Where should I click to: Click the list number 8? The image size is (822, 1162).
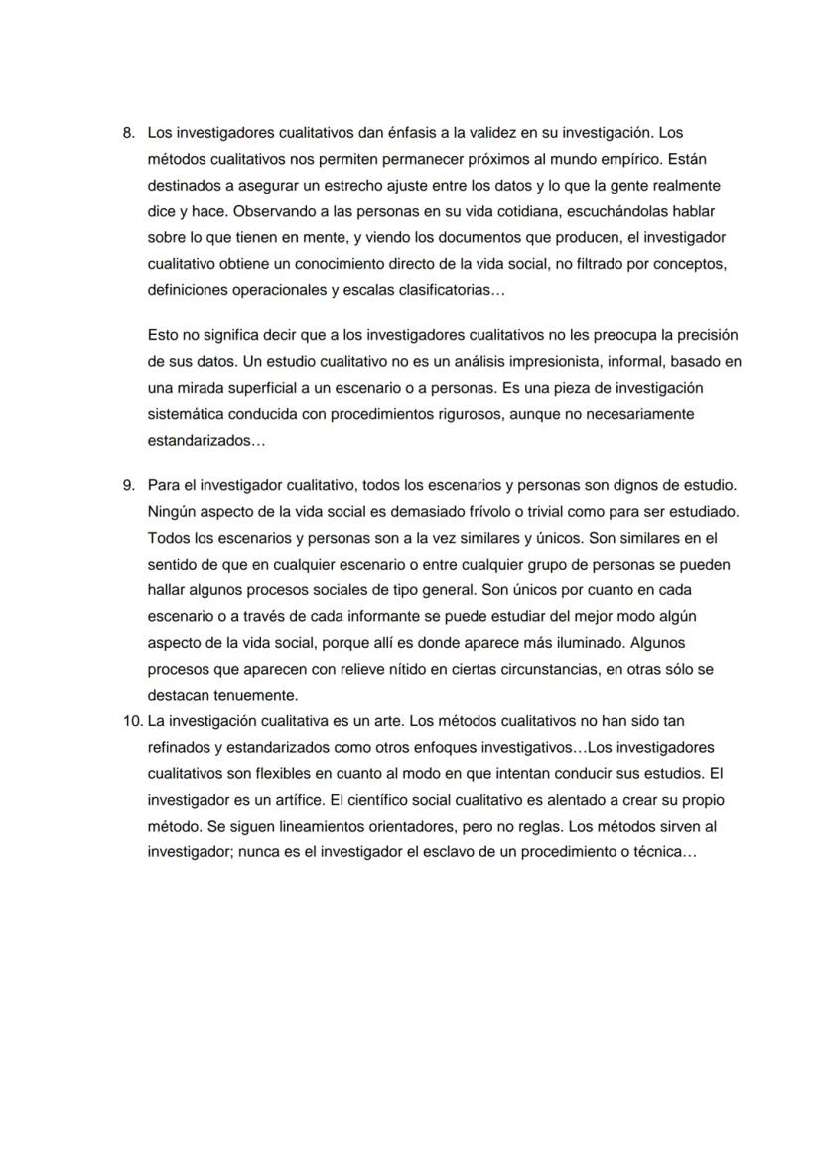coord(127,132)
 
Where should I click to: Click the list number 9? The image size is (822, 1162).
coord(127,485)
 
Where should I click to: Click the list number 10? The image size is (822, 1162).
coord(132,720)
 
